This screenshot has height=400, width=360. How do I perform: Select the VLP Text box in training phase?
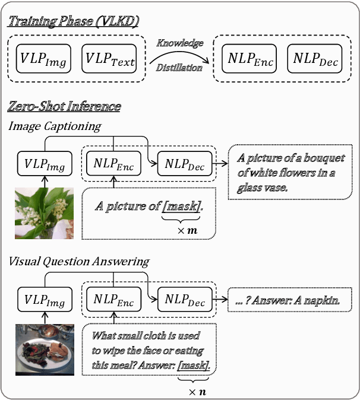coord(109,59)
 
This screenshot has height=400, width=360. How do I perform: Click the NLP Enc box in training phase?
coord(248,59)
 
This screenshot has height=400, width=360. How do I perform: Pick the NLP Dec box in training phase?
coord(314,59)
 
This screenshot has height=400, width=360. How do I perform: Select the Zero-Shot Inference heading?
coord(64,107)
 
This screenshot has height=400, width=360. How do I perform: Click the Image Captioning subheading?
coord(54,126)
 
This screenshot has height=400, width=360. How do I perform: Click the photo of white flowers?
coord(44,213)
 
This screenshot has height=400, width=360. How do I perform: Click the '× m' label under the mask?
coord(182,229)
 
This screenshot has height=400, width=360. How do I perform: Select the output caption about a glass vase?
coord(289,172)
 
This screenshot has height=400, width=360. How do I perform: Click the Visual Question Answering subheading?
coord(78,261)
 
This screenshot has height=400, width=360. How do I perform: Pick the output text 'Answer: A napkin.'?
coord(291,300)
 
